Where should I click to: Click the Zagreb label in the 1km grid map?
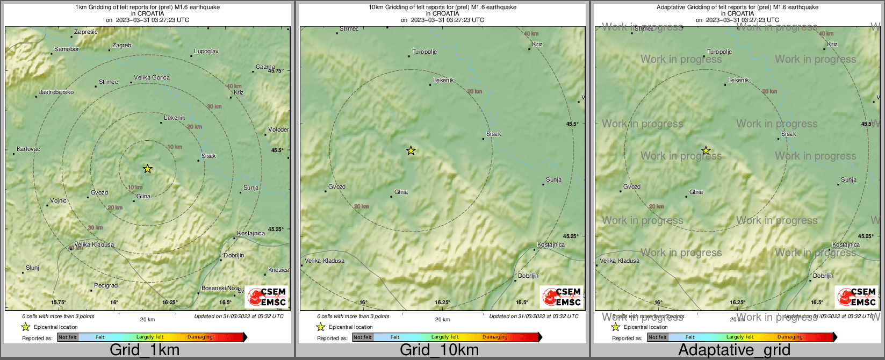121,46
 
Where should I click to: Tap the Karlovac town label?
28,149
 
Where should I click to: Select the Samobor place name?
67,49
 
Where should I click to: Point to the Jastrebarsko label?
56,92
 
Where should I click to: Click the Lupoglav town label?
206,52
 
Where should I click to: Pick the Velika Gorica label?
152,77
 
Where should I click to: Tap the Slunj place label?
32,268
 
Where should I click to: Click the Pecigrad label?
106,285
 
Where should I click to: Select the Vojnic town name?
59,200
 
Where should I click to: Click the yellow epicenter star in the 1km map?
148,169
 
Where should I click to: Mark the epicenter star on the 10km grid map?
411,150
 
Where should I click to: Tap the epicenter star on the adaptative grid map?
706,150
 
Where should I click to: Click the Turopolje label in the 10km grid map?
424,52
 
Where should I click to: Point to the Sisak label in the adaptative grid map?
789,134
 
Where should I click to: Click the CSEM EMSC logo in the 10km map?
562,297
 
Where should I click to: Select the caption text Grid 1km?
145,350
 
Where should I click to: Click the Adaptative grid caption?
734,350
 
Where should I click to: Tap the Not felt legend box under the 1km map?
68,337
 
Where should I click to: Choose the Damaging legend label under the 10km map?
495,337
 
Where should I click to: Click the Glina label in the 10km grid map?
401,192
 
